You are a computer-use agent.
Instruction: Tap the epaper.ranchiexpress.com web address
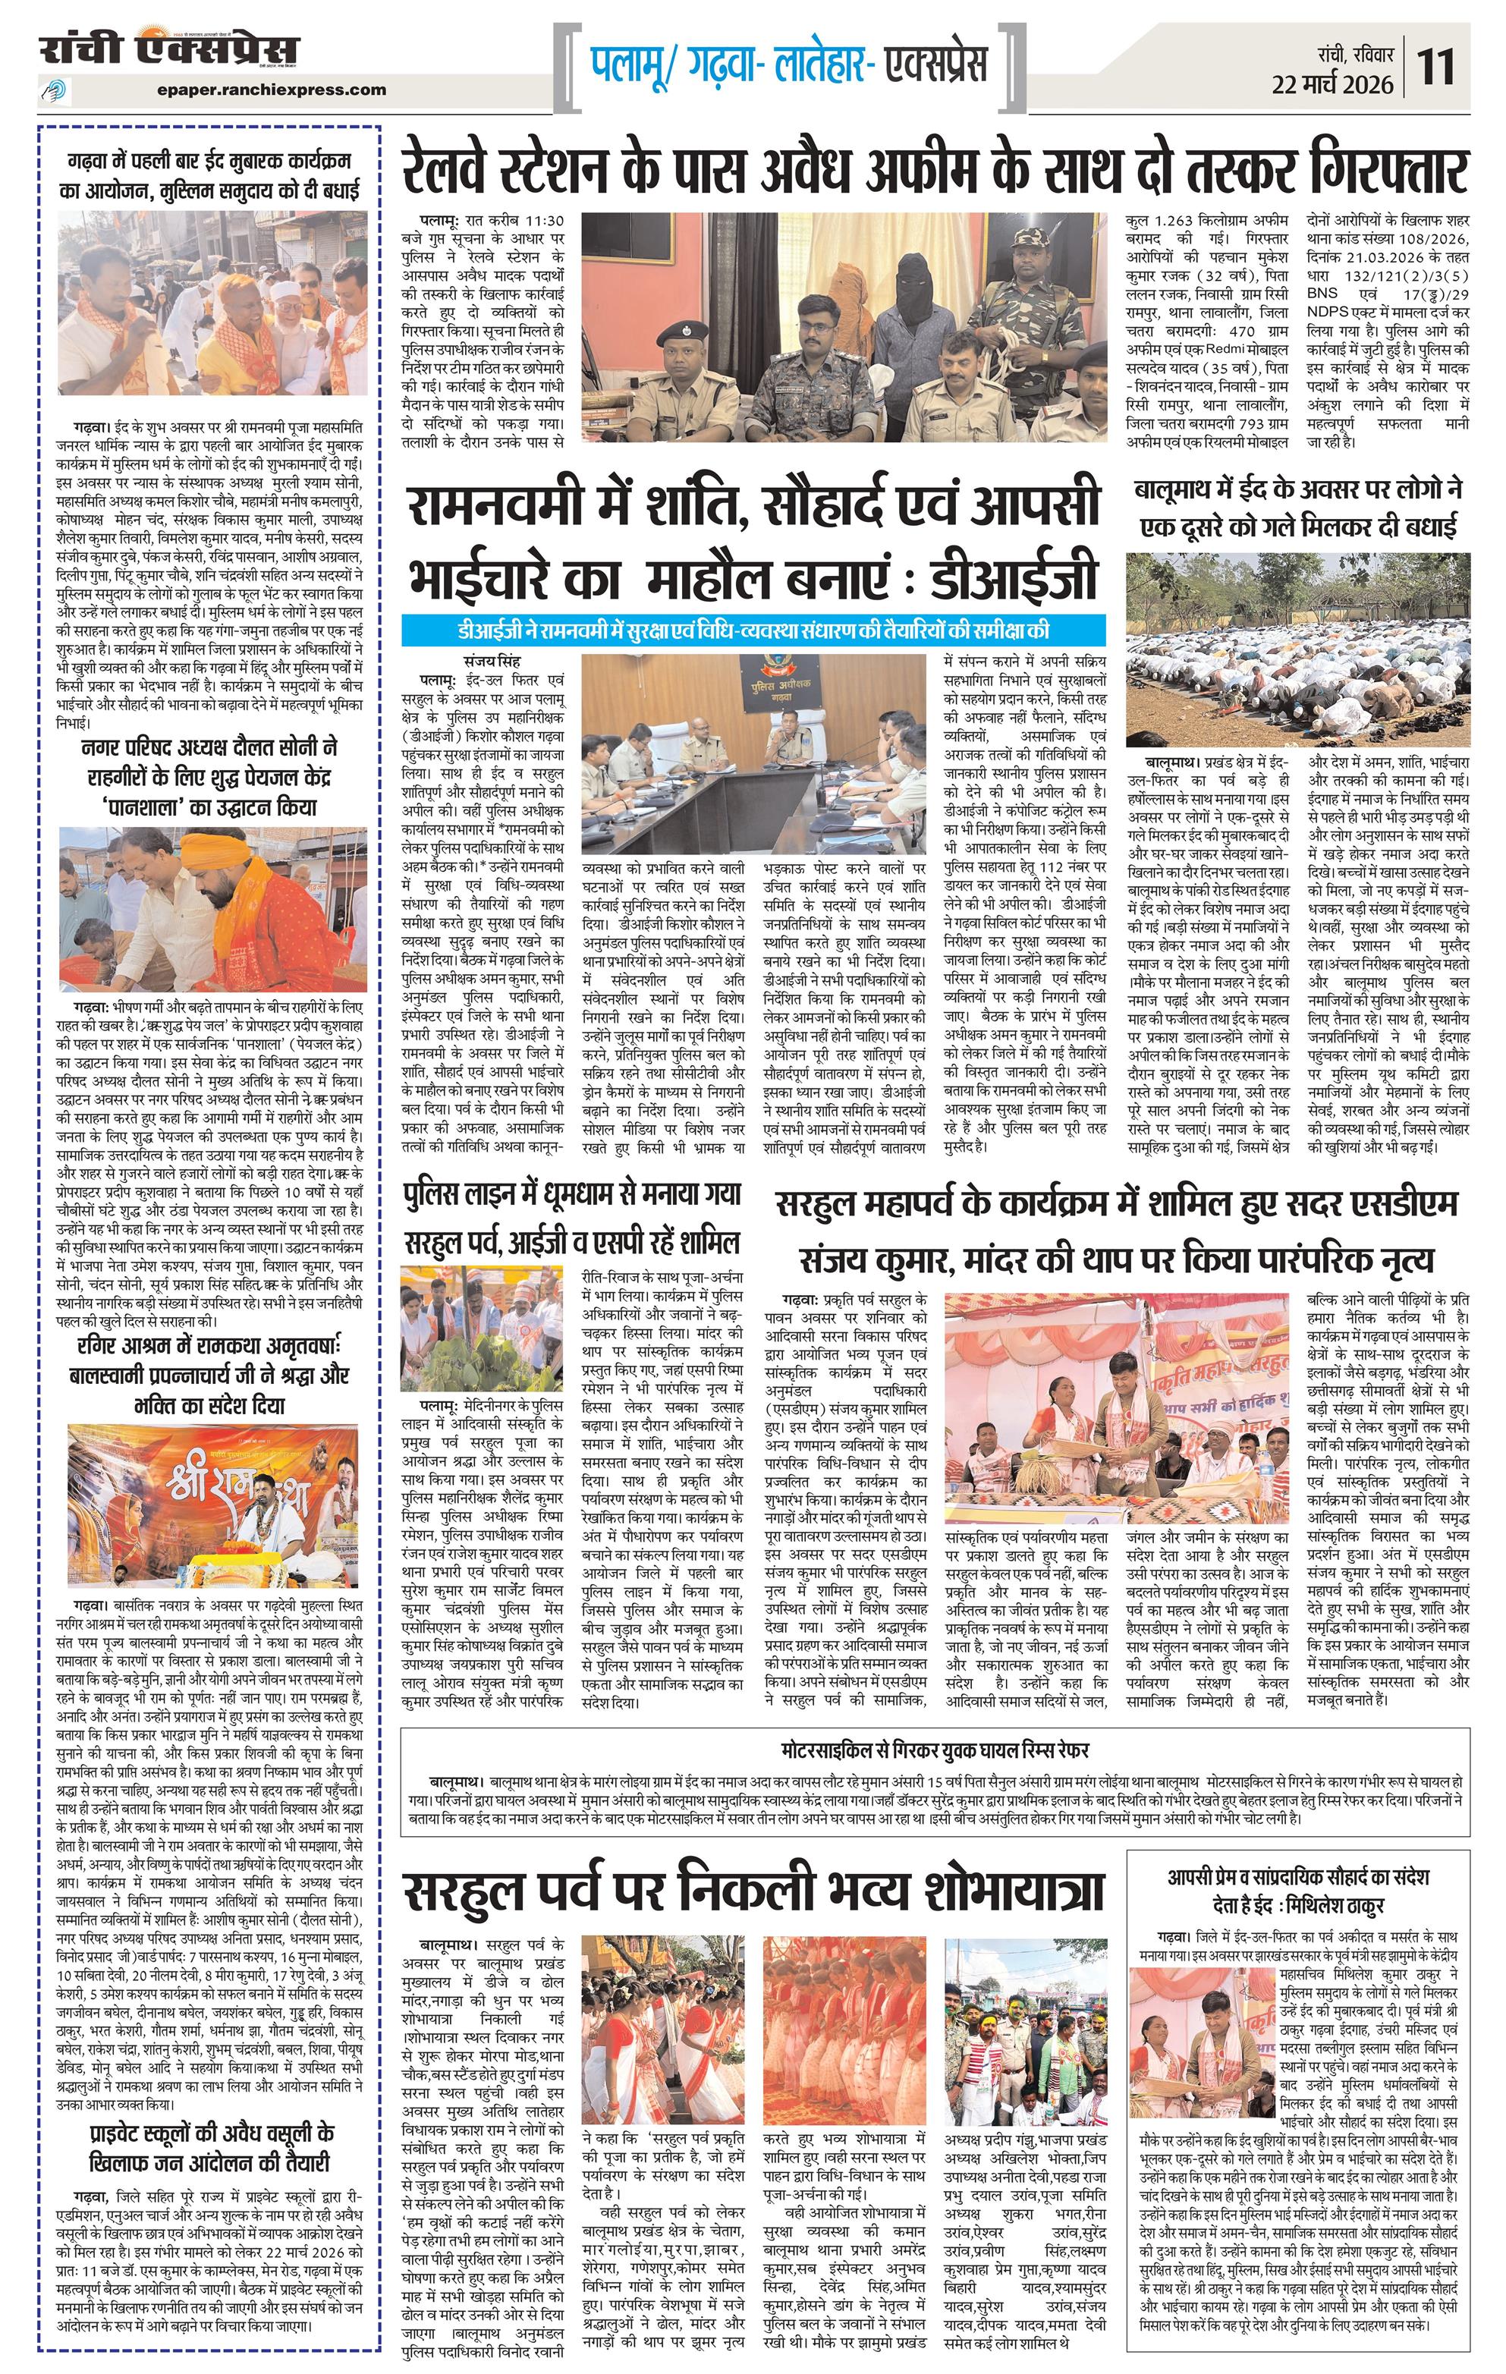271,90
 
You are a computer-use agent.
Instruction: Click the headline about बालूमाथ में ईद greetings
1297,508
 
